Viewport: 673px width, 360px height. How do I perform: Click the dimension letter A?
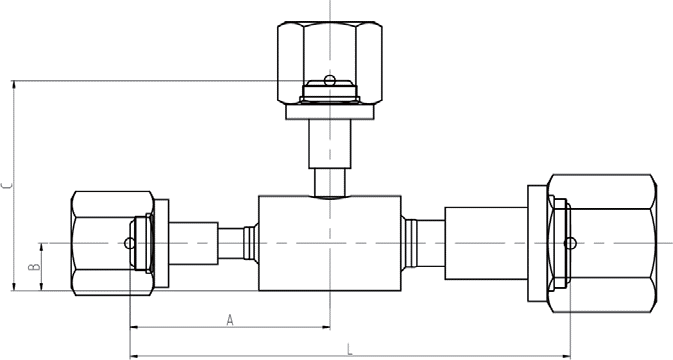tap(230, 320)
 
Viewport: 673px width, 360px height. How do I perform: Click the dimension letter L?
tap(350, 349)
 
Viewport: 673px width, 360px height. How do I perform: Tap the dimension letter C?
tap(6, 186)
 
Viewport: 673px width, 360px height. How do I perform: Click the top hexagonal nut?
tap(330, 62)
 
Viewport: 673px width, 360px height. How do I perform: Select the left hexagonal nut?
tap(112, 243)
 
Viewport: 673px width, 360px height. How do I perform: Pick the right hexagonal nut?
tap(602, 243)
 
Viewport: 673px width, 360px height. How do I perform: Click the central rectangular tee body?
tap(330, 243)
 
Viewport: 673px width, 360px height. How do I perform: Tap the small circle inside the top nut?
tap(329, 80)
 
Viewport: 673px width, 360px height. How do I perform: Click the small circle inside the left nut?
tap(129, 243)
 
